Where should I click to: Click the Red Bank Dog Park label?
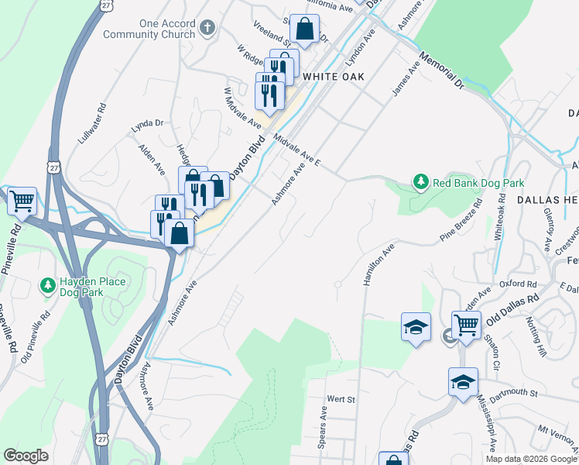point(478,184)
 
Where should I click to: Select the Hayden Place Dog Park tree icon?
point(48,286)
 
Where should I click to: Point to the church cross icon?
point(206,29)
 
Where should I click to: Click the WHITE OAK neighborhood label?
point(334,77)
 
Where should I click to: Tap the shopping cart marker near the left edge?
point(21,201)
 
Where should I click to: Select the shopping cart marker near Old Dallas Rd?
point(466,325)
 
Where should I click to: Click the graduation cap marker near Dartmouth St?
point(463,382)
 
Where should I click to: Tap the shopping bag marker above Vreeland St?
point(306,30)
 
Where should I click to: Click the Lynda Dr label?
point(148,123)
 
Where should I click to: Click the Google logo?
point(26,456)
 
